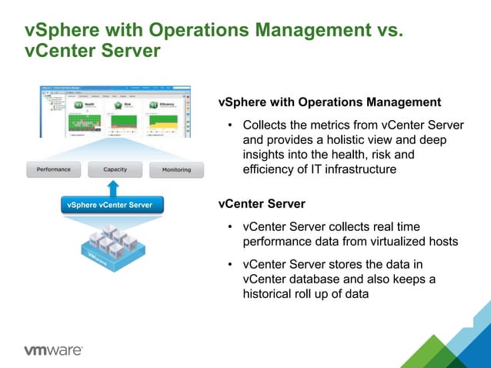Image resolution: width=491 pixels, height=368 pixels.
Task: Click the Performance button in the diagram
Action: (x=53, y=169)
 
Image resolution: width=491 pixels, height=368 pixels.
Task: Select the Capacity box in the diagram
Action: (x=115, y=169)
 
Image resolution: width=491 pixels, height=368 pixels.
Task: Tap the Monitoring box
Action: (x=176, y=169)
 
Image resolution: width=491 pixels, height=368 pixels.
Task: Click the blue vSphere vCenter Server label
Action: (x=109, y=205)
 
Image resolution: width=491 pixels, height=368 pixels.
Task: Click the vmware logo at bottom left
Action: (x=53, y=350)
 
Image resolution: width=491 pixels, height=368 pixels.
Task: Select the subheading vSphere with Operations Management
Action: (x=329, y=102)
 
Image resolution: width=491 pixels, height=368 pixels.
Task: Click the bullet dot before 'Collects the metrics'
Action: (x=229, y=125)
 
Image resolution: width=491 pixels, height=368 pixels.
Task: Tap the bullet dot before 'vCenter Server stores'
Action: (x=229, y=265)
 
